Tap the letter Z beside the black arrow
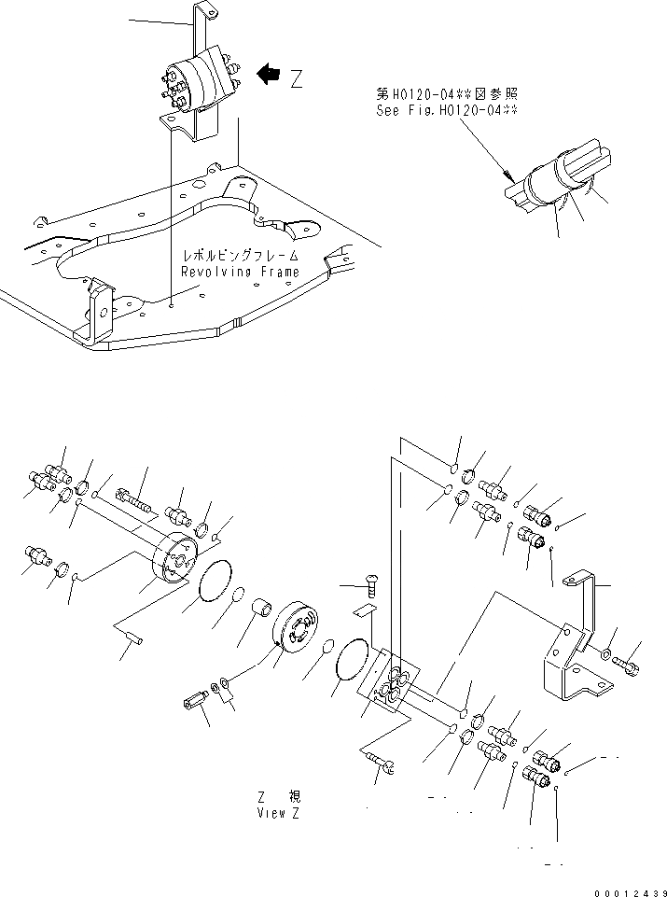pos(297,78)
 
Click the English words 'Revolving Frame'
pos(241,272)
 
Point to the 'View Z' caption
pos(279,812)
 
